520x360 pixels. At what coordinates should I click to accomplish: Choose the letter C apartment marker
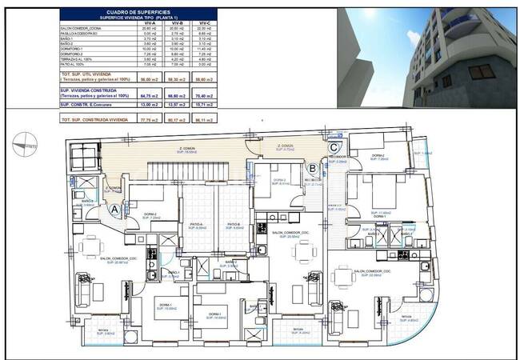point(334,146)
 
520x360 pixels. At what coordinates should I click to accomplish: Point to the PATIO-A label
point(197,225)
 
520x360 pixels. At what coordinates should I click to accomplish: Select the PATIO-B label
point(234,225)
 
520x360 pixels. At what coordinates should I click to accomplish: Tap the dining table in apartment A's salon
point(90,246)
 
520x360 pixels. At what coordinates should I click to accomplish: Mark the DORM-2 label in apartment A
point(150,214)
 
